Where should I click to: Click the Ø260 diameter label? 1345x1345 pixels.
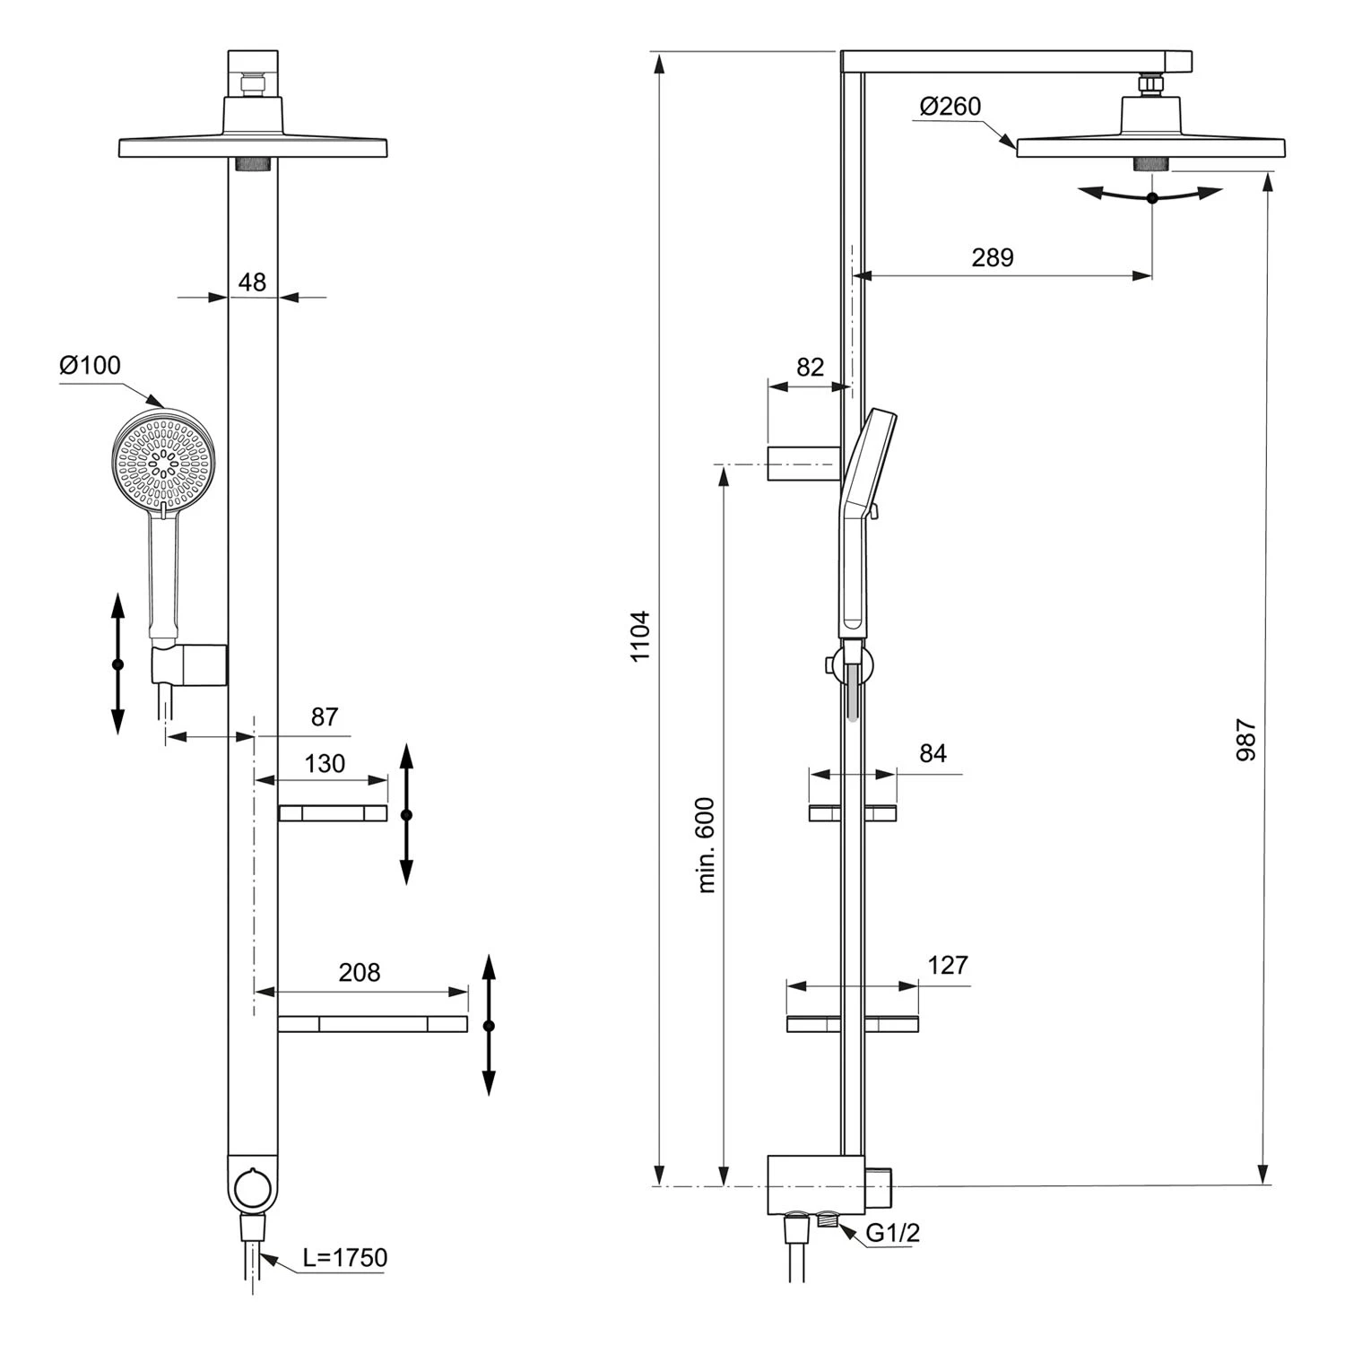[950, 106]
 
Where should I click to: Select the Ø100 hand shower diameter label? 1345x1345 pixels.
[90, 366]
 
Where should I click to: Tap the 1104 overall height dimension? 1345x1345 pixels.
[639, 636]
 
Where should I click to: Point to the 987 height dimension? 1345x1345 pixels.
[1245, 739]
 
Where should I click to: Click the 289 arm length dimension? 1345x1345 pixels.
[992, 257]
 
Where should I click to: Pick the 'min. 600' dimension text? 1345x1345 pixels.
[707, 845]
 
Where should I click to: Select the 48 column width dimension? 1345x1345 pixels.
[252, 282]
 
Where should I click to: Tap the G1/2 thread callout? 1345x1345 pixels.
[892, 1233]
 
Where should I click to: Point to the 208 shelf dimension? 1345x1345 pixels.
[360, 972]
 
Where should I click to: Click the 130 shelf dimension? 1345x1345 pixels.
[325, 763]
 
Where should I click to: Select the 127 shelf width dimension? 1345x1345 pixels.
[948, 965]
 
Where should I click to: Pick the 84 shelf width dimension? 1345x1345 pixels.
[933, 753]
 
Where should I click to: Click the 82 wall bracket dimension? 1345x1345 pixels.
[810, 367]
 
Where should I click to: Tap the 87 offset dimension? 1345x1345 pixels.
[325, 716]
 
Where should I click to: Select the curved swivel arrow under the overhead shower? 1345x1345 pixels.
[1151, 196]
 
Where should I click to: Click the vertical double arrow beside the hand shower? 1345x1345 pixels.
[117, 664]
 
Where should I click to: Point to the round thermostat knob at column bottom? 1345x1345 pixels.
[252, 1190]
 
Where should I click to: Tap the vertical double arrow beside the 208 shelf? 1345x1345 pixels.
[489, 1025]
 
